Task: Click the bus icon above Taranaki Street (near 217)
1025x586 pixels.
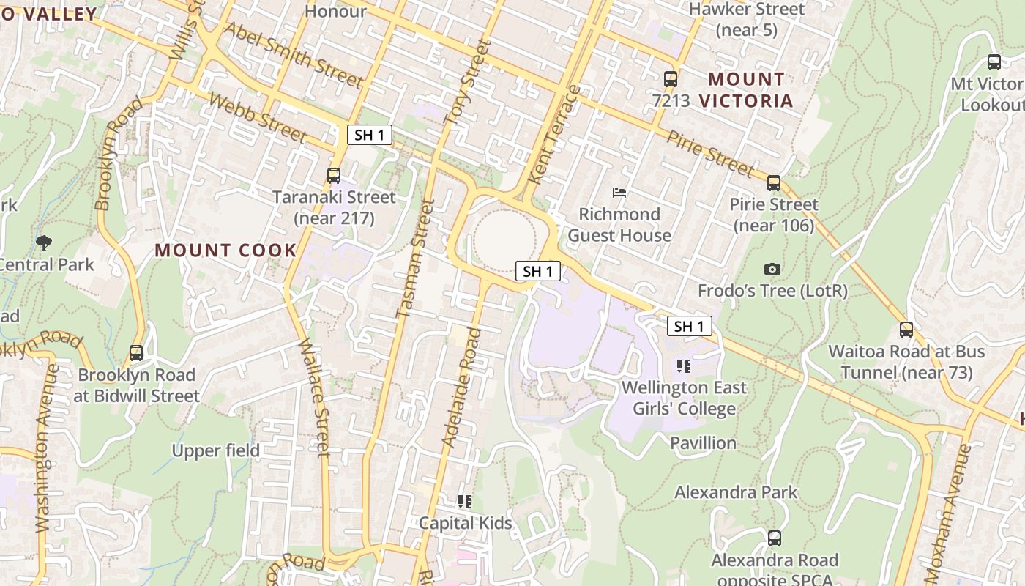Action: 334,176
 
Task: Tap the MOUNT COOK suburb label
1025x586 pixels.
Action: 225,250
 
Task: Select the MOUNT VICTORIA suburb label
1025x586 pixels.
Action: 746,89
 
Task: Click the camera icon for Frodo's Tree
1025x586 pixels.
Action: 772,270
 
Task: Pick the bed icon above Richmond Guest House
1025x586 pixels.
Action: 619,193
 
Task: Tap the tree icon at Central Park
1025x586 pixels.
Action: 44,242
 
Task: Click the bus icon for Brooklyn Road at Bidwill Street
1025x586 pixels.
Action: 136,353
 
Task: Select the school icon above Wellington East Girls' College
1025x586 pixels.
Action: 684,366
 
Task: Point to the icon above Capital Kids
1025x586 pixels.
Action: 465,502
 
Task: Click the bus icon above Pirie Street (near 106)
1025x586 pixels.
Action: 774,183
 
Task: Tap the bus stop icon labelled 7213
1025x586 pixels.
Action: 670,79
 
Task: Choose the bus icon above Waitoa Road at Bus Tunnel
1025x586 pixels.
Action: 906,330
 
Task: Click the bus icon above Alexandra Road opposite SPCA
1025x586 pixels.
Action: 775,538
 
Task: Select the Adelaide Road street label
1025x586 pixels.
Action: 463,388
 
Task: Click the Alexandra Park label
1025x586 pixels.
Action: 736,492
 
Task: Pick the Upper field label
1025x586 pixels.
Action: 216,450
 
